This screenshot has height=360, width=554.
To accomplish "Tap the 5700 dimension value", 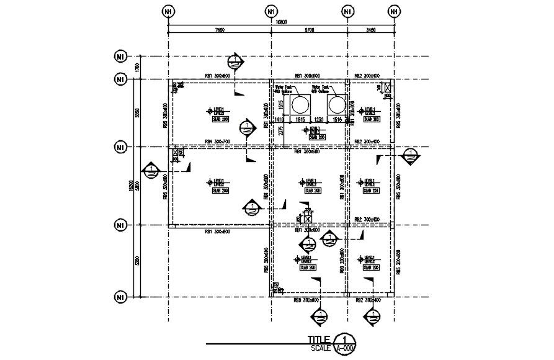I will [309, 29].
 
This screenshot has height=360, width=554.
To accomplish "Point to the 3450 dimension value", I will [371, 29].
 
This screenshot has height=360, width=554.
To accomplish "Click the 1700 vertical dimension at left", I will [138, 67].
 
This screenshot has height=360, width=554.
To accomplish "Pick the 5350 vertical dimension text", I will [138, 261].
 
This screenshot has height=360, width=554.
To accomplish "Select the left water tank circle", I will [300, 104].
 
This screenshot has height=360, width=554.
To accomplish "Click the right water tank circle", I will [337, 104].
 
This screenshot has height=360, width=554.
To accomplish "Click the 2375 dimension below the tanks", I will [281, 132].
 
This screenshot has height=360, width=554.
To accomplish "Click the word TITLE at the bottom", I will [320, 340].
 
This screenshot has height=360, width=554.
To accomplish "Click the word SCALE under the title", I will [321, 348].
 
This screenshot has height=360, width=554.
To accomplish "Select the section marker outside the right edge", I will [410, 155].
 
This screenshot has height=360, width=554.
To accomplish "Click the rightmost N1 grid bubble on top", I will [395, 11].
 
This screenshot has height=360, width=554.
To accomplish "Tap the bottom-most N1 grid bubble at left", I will [120, 297].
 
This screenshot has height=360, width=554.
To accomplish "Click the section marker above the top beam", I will [235, 60].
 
